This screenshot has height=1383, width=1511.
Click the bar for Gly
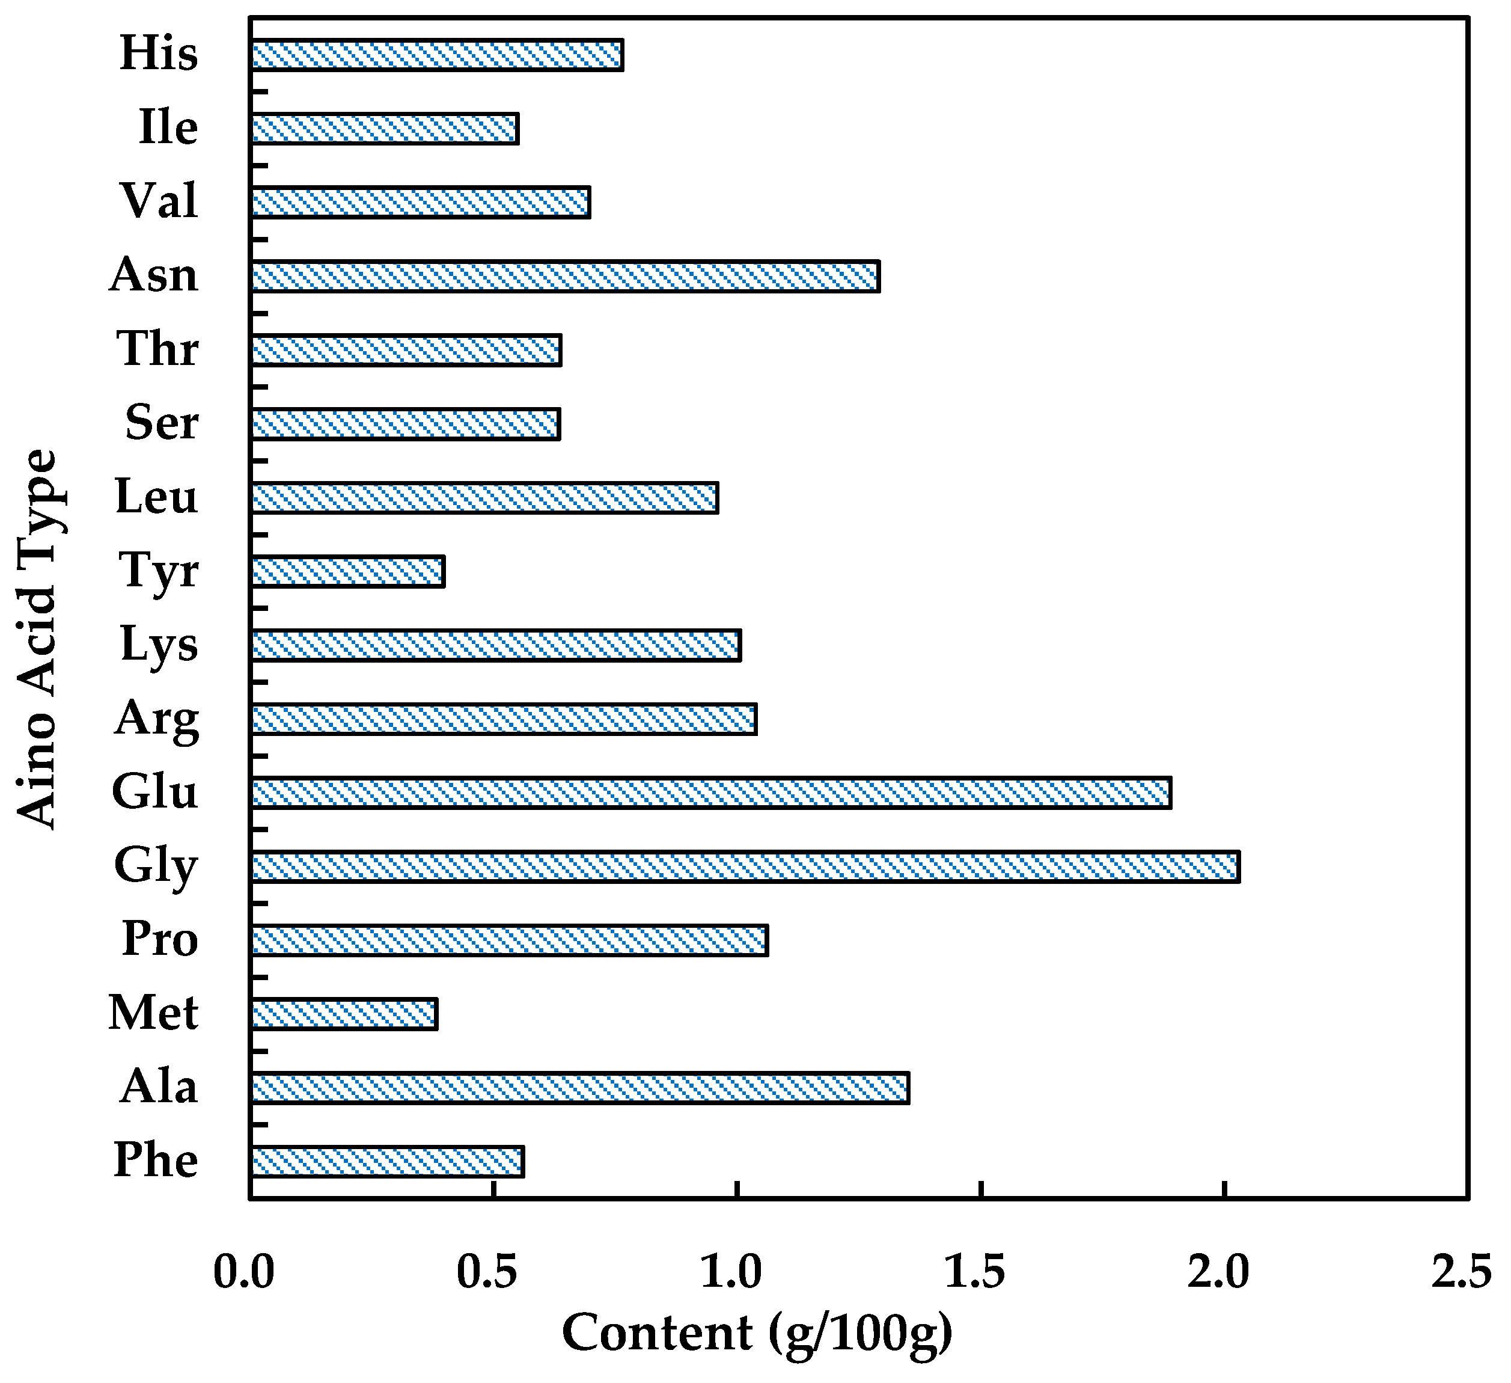coord(745,867)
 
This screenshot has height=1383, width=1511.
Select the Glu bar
coord(710,793)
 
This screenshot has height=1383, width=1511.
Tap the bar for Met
coord(344,1014)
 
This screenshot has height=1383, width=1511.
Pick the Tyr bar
coord(348,571)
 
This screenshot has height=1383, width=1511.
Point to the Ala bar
coord(580,1088)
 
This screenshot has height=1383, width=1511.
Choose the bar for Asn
coord(565,276)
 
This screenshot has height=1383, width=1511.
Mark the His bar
coord(437,55)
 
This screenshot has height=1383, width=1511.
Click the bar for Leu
coord(484,498)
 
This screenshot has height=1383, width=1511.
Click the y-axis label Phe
coord(156,1161)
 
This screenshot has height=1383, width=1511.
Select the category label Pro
coord(160,939)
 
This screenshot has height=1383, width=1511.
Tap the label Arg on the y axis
coord(157,720)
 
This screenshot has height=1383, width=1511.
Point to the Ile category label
coord(168,128)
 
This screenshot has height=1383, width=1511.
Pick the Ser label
coord(161,423)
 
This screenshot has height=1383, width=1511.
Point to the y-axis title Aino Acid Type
coord(37,639)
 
